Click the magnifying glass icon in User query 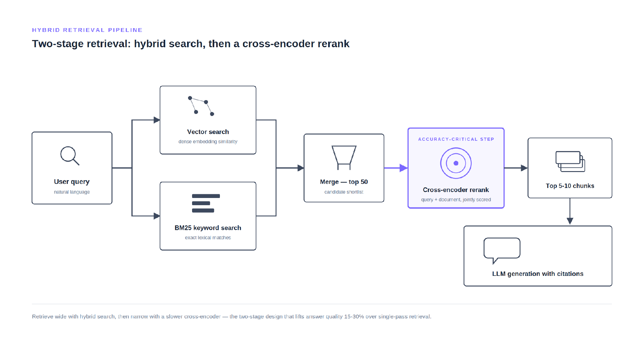(x=69, y=155)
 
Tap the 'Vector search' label (x=208, y=132)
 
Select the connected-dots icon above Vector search (x=201, y=106)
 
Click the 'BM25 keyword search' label (x=208, y=228)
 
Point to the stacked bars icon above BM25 (x=206, y=203)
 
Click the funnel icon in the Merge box (x=344, y=158)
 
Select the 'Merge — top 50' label (x=344, y=182)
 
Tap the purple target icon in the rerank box (x=456, y=163)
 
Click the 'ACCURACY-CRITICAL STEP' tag (x=456, y=139)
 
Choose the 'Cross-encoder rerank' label (x=456, y=190)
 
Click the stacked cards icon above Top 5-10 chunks (x=570, y=161)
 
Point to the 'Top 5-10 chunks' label (x=570, y=186)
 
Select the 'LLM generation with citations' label (x=538, y=274)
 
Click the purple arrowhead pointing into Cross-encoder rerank (x=404, y=168)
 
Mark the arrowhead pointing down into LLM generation (x=570, y=221)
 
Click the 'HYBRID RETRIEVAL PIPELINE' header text (x=87, y=30)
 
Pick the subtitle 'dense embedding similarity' (x=208, y=142)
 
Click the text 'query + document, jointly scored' (x=456, y=200)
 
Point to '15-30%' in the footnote (x=354, y=317)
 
